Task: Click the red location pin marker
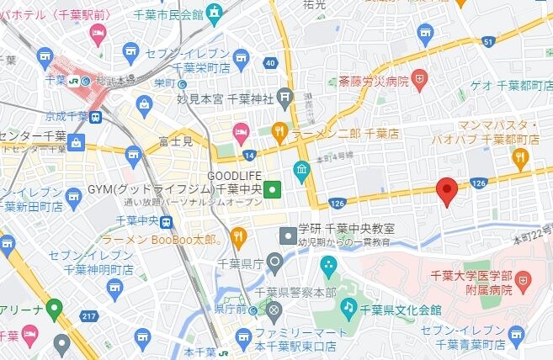click(x=447, y=191)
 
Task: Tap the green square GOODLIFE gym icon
click(x=272, y=189)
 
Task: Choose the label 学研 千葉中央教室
click(x=347, y=229)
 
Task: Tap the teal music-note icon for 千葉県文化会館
click(x=348, y=308)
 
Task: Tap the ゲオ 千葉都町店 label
click(x=502, y=83)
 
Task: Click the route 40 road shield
click(x=270, y=63)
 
